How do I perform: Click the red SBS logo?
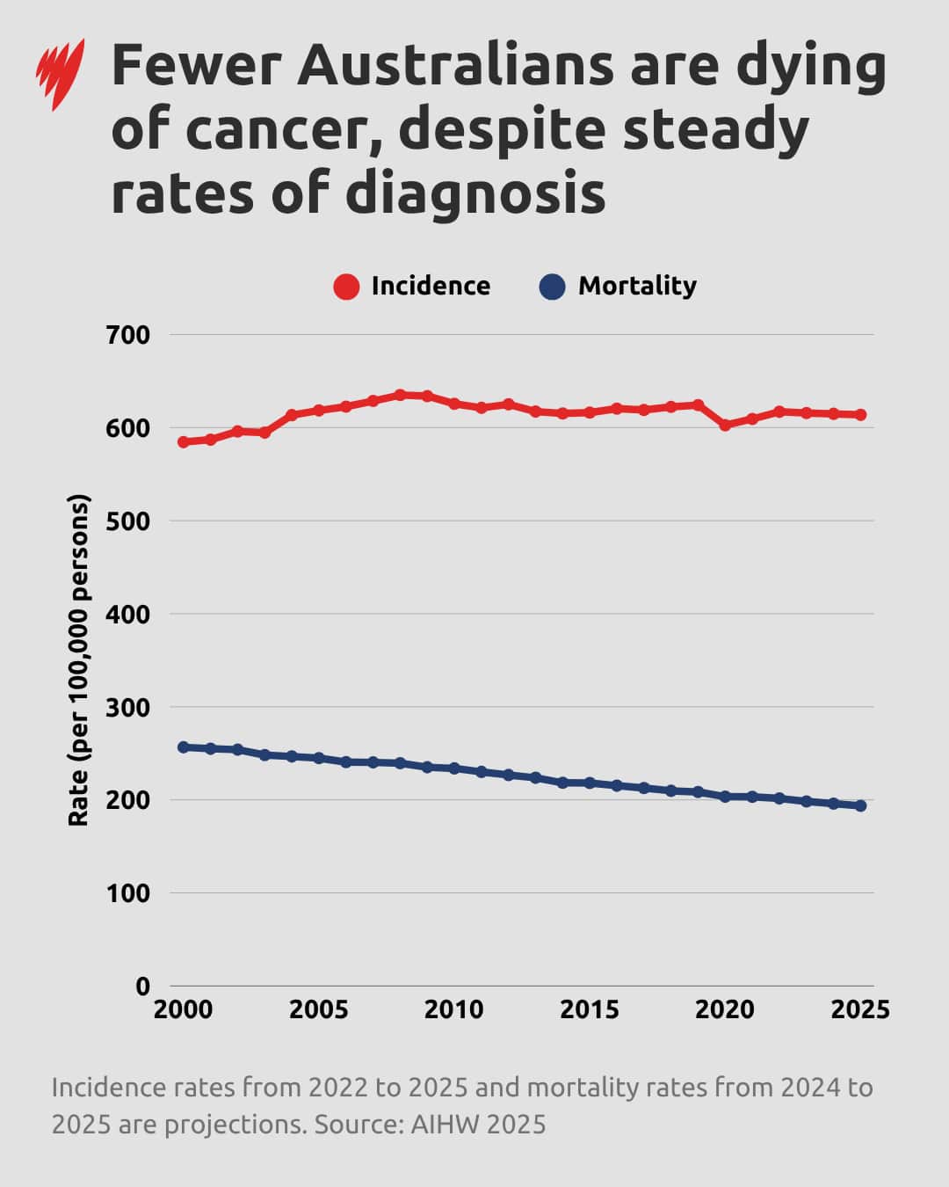click(60, 74)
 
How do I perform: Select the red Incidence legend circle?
click(346, 287)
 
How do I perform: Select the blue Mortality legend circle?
click(552, 287)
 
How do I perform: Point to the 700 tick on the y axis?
click(128, 335)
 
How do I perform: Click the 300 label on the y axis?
click(128, 707)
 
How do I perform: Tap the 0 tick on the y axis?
click(141, 987)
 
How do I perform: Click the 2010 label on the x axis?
click(453, 1009)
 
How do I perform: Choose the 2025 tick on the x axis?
click(860, 1009)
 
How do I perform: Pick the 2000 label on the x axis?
click(183, 1009)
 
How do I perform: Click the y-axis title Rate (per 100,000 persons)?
click(79, 660)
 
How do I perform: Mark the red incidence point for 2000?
click(183, 442)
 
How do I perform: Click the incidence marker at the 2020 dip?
click(725, 425)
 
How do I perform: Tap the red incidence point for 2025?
click(860, 415)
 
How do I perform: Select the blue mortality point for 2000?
click(183, 747)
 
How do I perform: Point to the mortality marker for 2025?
click(860, 805)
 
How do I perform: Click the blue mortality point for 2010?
click(454, 768)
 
